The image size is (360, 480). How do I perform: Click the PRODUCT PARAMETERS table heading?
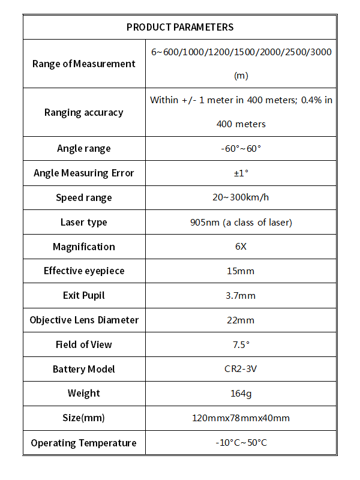tap(180, 27)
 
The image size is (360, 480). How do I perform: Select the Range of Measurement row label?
tap(84, 64)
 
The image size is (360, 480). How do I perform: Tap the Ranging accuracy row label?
tap(84, 112)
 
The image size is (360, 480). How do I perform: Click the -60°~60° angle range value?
tap(241, 148)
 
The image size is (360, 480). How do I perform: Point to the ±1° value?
tap(241, 173)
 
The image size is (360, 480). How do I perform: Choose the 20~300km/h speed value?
tap(241, 197)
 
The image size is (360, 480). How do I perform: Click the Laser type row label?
tap(84, 222)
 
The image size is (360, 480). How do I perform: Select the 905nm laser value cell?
tap(241, 222)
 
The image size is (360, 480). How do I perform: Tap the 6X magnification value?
tap(241, 247)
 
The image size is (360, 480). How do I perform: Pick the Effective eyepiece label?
tap(84, 271)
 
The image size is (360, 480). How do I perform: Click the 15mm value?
tap(241, 271)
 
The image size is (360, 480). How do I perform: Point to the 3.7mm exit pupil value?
tap(241, 295)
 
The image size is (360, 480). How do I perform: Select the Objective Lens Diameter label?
tap(84, 320)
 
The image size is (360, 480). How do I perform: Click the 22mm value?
tap(241, 320)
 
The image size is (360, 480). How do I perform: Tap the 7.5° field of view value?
tap(241, 344)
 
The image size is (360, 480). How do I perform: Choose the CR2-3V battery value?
tap(241, 369)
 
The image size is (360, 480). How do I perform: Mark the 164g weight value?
tap(241, 394)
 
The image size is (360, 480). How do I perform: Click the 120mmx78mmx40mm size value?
tap(241, 418)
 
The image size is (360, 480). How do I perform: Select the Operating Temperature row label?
tap(84, 443)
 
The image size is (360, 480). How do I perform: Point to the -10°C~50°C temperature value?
tap(241, 443)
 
